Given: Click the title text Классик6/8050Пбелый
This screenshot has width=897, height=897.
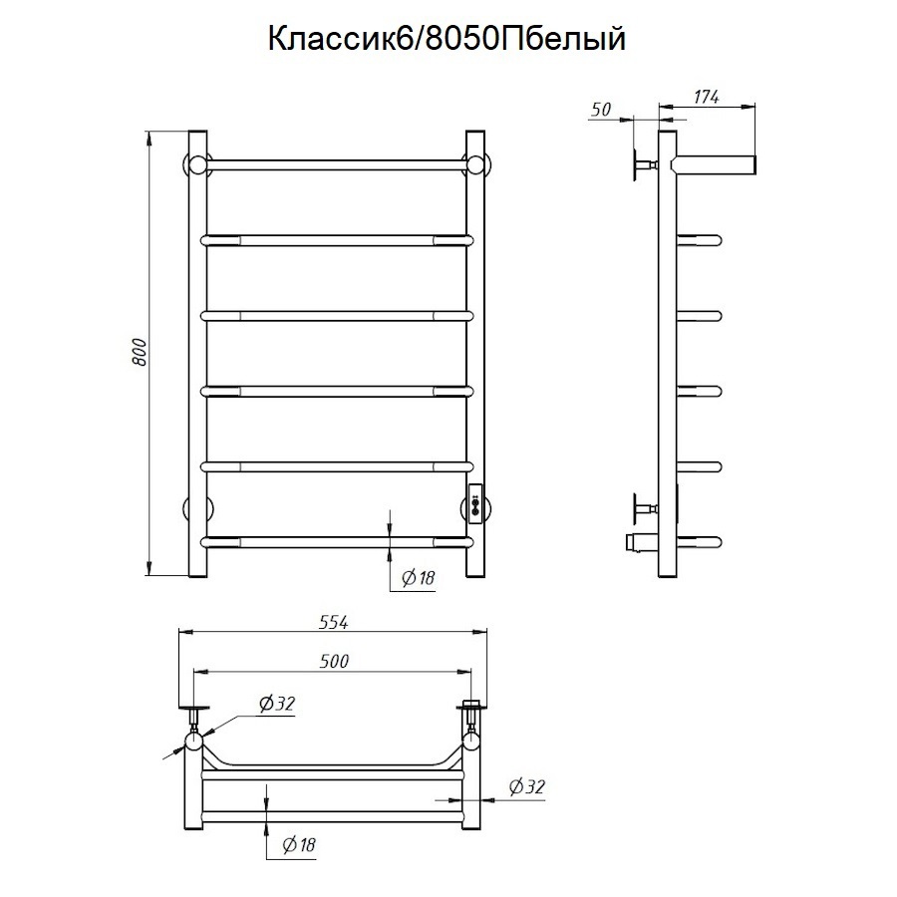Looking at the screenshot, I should [x=447, y=39].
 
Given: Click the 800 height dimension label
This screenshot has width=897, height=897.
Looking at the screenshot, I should [x=141, y=353].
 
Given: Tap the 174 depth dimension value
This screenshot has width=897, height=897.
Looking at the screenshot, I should [x=706, y=97].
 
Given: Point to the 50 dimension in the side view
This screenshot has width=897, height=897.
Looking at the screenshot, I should [x=601, y=110].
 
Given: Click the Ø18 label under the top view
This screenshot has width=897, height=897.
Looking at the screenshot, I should [x=298, y=845].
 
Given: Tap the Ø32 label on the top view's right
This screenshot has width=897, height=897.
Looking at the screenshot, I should [x=527, y=787].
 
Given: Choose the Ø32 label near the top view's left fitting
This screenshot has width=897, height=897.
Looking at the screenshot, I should [x=277, y=704].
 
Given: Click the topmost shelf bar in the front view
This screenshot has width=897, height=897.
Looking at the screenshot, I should [x=337, y=162].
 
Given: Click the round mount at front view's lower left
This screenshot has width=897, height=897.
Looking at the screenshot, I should [x=190, y=507].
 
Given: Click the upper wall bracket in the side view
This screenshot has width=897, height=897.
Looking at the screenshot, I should [x=639, y=163].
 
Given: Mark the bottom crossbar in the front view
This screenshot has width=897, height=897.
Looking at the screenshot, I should [x=337, y=542].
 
